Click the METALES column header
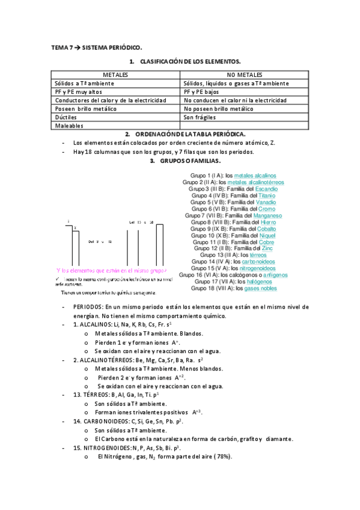click(x=115, y=75)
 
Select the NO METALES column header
click(x=244, y=75)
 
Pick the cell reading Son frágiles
click(x=200, y=117)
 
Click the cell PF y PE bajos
click(x=203, y=91)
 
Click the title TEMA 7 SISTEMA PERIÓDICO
click(x=97, y=47)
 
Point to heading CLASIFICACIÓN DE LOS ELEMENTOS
click(x=190, y=62)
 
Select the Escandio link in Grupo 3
click(x=266, y=189)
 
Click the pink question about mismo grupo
click(x=111, y=270)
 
